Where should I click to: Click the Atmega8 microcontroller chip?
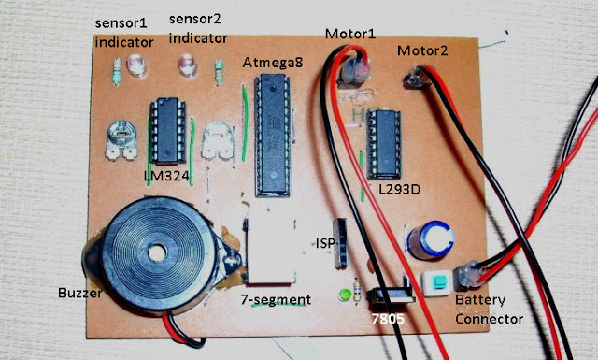point(272,135)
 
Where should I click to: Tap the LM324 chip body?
point(168,130)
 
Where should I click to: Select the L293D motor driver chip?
point(384,144)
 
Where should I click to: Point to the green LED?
point(346,295)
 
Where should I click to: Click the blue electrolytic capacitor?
point(431,240)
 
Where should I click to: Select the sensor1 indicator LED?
point(136,65)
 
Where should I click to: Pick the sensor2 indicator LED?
point(187,65)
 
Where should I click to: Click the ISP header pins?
point(340,243)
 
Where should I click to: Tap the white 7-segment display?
point(270,250)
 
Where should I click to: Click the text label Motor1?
point(350,34)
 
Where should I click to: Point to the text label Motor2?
point(422,50)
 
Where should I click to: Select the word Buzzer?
point(80,293)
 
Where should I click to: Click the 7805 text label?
point(388,318)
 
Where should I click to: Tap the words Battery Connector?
point(489,310)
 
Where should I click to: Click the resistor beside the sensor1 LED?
point(117,71)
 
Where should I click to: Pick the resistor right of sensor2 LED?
point(219,72)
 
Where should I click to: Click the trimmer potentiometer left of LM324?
point(121,140)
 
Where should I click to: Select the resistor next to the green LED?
point(357,291)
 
